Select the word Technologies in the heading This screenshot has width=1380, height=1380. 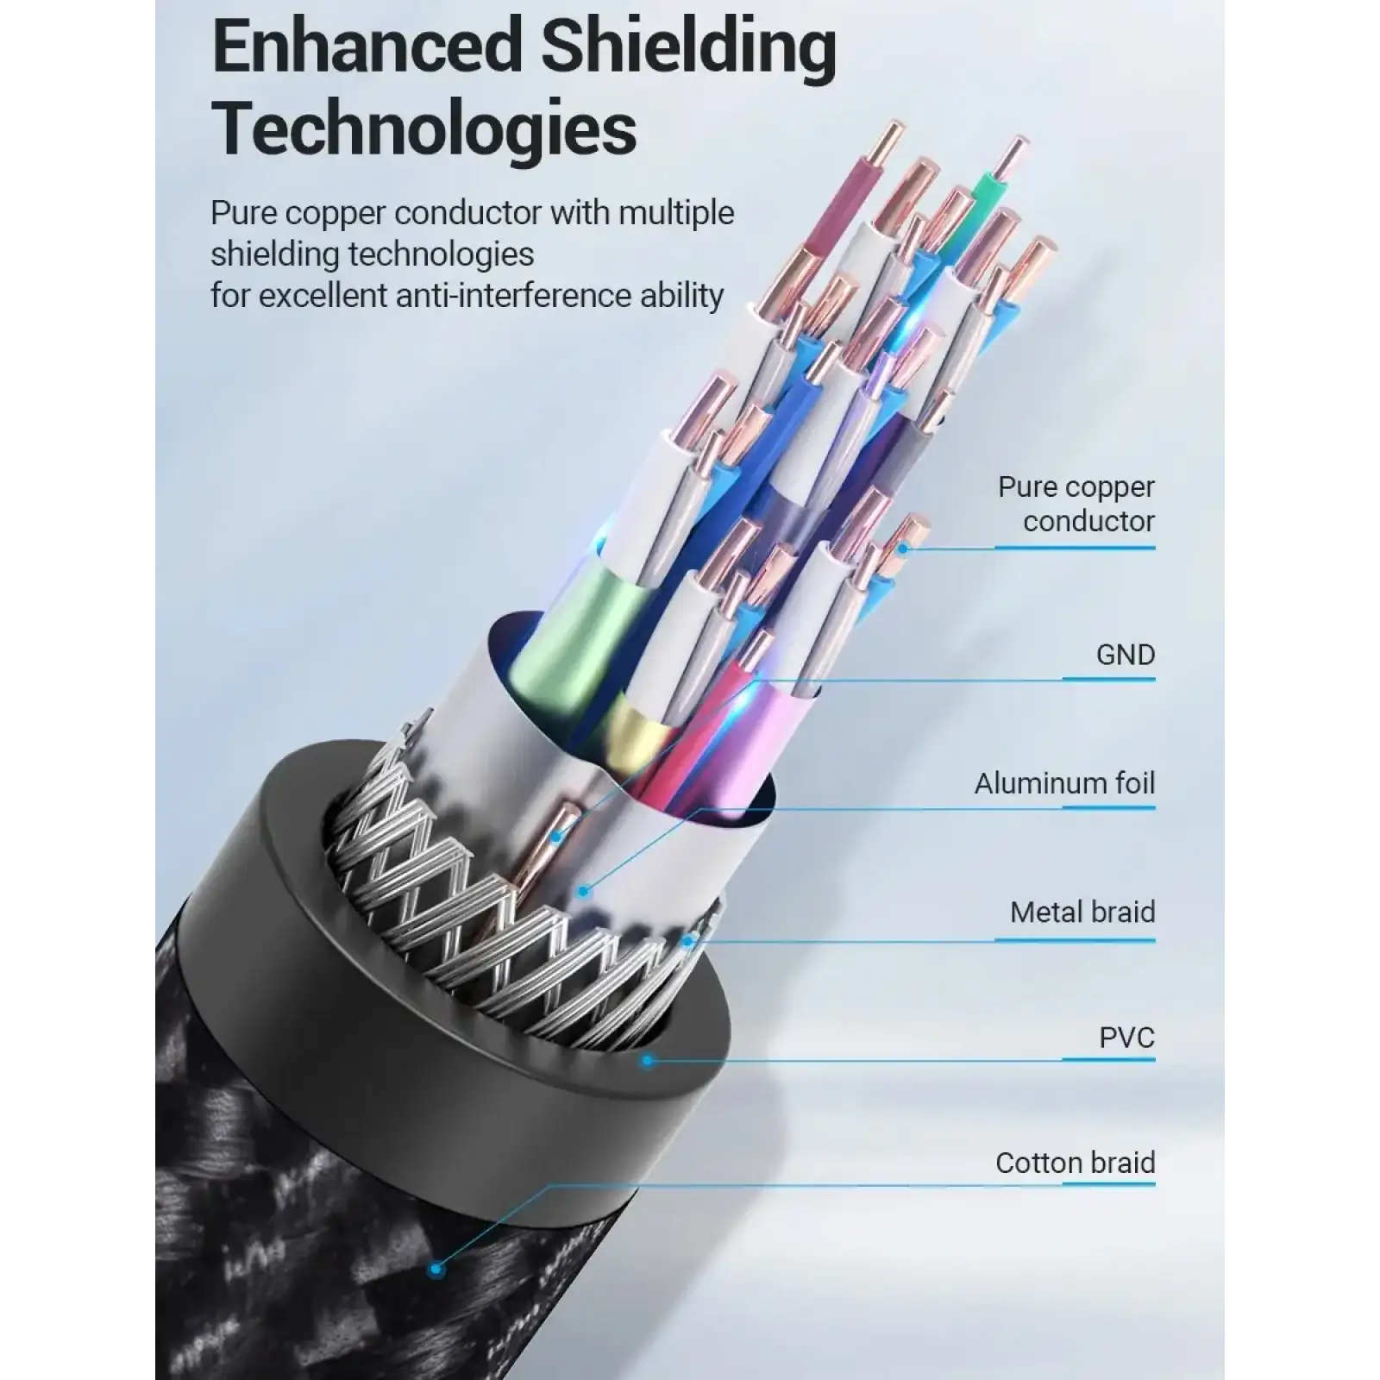pos(423,129)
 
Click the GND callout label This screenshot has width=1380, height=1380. pos(1125,655)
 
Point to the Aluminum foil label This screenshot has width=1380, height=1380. pos(1064,783)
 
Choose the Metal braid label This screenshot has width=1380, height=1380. pos(1082,912)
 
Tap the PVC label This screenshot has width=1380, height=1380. pos(1126,1038)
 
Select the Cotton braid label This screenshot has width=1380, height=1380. pos(1075,1163)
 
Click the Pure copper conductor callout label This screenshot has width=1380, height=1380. pos(1076,504)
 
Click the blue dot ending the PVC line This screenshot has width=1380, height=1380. pos(648,1060)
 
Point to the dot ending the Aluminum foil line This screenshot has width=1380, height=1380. pos(584,891)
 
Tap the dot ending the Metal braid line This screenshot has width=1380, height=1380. pos(687,942)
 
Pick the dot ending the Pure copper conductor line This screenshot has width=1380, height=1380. pos(903,548)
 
